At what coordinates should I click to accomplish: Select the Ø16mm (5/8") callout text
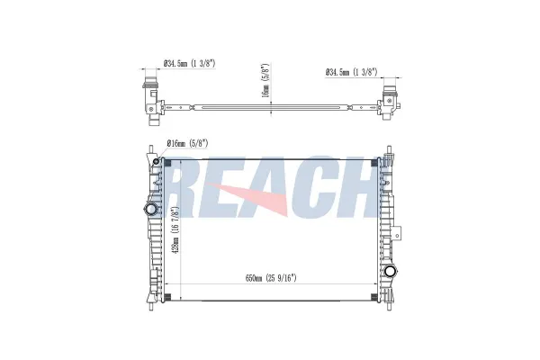pyautogui.click(x=187, y=141)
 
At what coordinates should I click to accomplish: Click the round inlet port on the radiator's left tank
pyautogui.click(x=148, y=209)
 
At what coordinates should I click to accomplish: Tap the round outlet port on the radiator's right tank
pyautogui.click(x=391, y=272)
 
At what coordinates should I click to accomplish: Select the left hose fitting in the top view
pyautogui.click(x=148, y=95)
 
